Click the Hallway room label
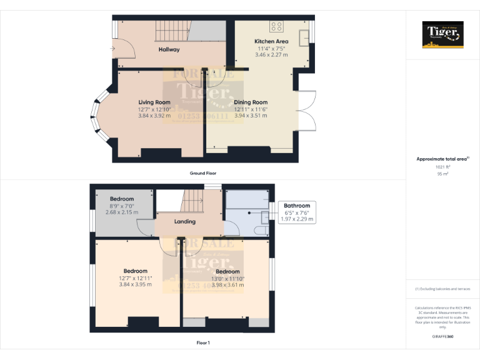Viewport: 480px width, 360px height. coord(169,49)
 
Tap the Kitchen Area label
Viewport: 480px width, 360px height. coord(271,41)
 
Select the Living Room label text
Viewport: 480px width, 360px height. coord(154,102)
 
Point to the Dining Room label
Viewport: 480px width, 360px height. coord(251,102)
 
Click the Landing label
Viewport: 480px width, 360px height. coord(185,221)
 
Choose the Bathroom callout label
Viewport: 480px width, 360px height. coord(297,206)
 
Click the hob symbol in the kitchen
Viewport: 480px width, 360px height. coord(276,26)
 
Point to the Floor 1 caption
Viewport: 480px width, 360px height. coord(203,343)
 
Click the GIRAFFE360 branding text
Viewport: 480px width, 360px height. coord(443,336)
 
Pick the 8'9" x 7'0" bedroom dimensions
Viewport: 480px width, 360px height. coord(122,206)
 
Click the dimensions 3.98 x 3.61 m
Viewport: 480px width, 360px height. coord(227,285)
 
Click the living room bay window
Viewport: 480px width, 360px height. coord(96,114)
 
